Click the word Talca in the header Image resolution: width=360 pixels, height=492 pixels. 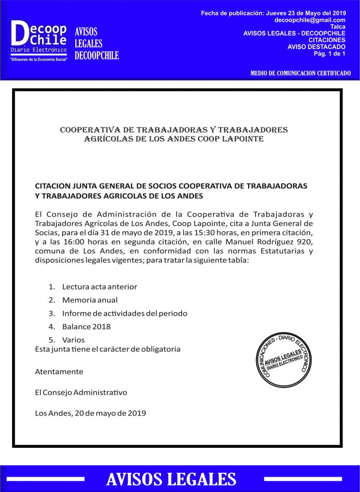tap(338, 26)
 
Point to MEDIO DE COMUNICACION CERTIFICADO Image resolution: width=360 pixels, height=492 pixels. tap(300, 73)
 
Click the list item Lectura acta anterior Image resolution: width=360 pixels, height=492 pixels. tap(99, 287)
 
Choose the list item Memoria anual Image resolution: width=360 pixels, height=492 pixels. tap(89, 300)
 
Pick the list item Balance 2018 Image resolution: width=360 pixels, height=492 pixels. tap(86, 327)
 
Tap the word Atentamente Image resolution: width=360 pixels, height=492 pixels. tap(59, 371)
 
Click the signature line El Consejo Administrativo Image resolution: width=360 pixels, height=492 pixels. tap(81, 392)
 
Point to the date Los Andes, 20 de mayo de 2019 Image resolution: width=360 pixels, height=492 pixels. tap(90, 413)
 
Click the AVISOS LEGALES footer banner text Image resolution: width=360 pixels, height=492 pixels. tap(171, 479)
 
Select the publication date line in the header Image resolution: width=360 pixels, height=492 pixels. tap(273, 13)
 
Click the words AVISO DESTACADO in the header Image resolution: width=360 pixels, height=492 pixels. tap(316, 47)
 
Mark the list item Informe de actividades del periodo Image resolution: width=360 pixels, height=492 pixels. tap(124, 313)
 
